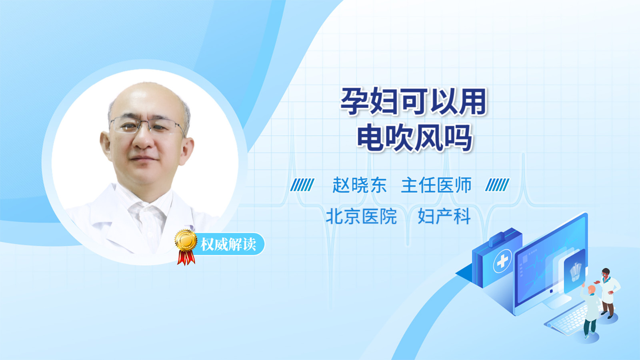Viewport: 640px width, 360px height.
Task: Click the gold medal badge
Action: point(186,240)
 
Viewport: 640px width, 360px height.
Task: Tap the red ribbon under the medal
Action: point(186,258)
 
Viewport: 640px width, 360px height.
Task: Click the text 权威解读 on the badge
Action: point(228,244)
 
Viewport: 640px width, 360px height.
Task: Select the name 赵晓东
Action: point(360,185)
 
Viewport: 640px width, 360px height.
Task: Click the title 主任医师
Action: point(436,185)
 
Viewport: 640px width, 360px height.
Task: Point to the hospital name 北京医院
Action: point(362,216)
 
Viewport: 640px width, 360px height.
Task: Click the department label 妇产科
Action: point(444,216)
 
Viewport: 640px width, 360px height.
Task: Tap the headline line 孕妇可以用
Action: point(414,102)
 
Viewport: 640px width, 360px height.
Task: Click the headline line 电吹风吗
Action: point(414,138)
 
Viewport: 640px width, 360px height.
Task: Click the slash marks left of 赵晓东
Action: point(302,185)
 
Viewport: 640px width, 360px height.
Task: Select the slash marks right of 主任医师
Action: point(497,185)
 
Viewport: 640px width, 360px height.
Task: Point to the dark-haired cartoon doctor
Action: point(608,293)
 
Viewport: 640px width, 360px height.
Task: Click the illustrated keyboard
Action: point(567,320)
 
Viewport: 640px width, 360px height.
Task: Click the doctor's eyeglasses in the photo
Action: point(147,125)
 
